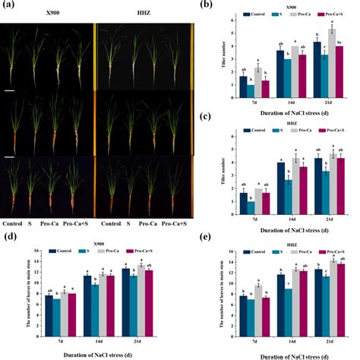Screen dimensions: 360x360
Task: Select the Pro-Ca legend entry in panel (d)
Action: [125, 250]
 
